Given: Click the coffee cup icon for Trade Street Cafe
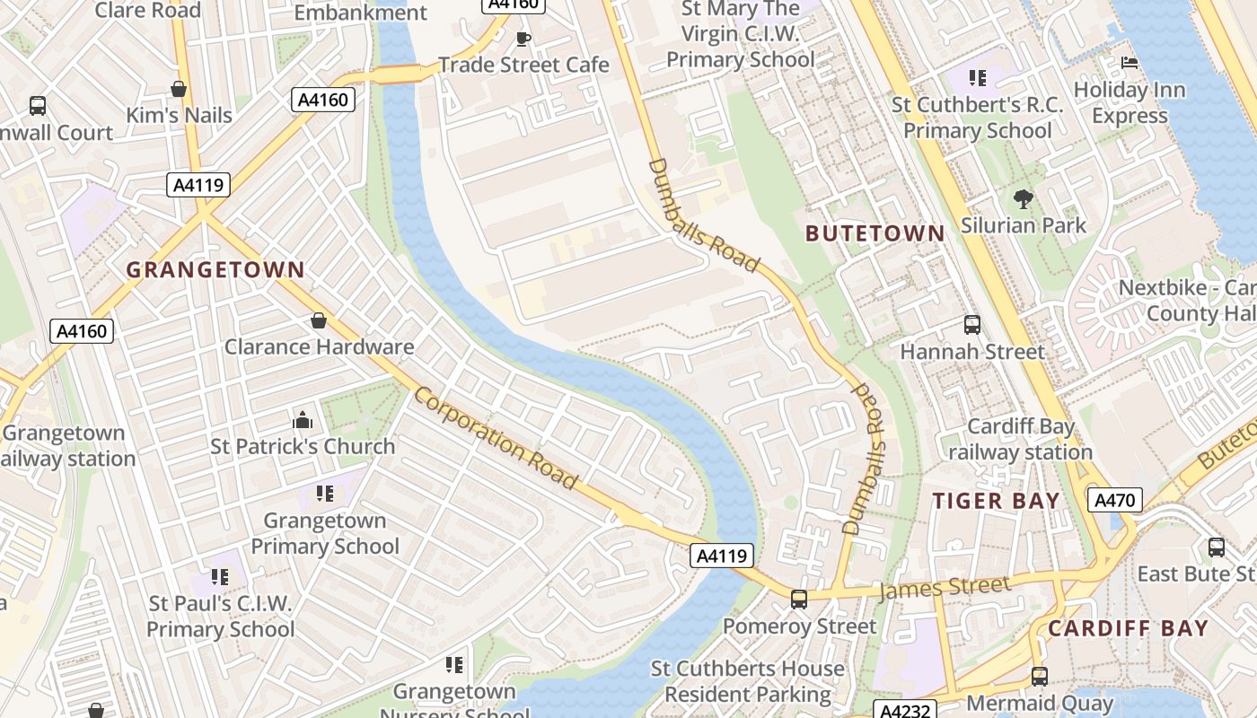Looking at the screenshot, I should (x=523, y=38).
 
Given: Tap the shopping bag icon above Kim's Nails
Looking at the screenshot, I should (x=179, y=89).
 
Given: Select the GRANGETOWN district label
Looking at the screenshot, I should (x=215, y=269).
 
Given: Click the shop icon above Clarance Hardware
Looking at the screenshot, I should (x=318, y=320).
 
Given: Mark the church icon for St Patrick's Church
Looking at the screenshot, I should (x=303, y=420).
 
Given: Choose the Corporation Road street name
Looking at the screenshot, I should (x=496, y=438).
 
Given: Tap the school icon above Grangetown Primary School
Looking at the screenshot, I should (x=324, y=493).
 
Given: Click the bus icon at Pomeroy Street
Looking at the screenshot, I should (x=798, y=599).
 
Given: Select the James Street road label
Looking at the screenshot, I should (x=945, y=588).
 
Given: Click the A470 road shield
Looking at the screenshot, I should (x=1114, y=500).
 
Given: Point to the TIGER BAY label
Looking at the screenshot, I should (x=997, y=501).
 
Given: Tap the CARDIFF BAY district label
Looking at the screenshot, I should (x=1129, y=628).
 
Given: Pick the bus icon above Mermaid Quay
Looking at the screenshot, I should (x=1039, y=677).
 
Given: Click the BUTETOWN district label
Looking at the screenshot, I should (x=875, y=233).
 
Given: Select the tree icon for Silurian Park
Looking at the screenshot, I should (x=1023, y=198).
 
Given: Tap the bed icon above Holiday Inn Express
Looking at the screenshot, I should (x=1130, y=63).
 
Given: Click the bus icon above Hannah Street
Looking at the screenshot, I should (x=971, y=325).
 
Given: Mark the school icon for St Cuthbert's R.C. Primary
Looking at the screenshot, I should (x=978, y=78).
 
